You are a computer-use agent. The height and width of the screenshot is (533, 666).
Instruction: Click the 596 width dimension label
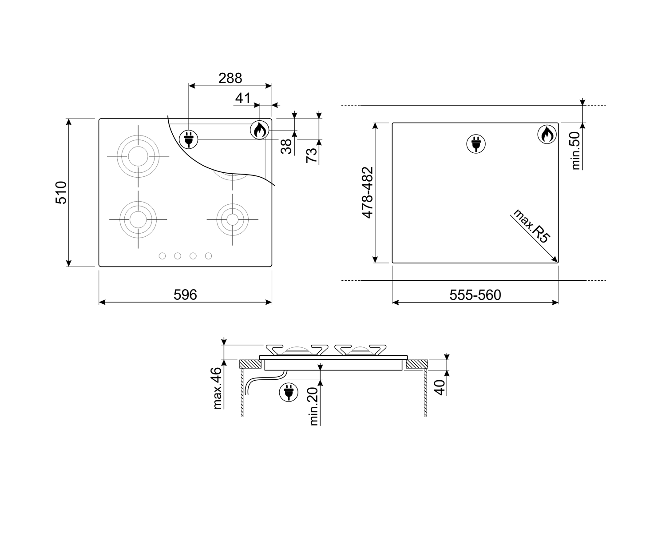(185, 294)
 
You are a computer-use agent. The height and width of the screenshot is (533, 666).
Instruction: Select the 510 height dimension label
(61, 193)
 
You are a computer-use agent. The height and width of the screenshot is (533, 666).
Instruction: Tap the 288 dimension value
(230, 78)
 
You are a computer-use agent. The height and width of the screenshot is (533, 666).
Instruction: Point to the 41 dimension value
(242, 98)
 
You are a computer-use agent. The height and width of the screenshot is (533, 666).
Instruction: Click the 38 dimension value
(286, 147)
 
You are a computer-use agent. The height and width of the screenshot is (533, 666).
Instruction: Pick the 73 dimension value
(312, 155)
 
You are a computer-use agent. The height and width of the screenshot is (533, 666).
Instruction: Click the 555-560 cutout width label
(475, 295)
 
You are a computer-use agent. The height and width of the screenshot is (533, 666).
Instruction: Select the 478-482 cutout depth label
(368, 193)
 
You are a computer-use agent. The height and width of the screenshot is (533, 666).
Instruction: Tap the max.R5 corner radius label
(531, 226)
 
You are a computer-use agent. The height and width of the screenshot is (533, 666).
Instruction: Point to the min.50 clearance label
(575, 151)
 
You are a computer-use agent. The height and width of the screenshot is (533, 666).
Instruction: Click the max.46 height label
(218, 388)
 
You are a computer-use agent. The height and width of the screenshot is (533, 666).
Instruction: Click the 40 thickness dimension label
(440, 387)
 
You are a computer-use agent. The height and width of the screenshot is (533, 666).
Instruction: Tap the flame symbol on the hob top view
(259, 130)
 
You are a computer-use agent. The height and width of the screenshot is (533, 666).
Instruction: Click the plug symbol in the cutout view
(476, 144)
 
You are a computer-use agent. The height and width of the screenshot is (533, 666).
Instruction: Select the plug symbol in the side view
(289, 392)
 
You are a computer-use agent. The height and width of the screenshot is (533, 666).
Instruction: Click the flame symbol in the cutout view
(547, 135)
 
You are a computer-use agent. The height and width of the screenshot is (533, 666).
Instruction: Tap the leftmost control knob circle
(162, 256)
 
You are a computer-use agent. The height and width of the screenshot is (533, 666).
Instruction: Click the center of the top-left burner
(138, 156)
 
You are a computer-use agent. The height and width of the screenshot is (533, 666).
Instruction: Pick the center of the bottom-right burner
(232, 219)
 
